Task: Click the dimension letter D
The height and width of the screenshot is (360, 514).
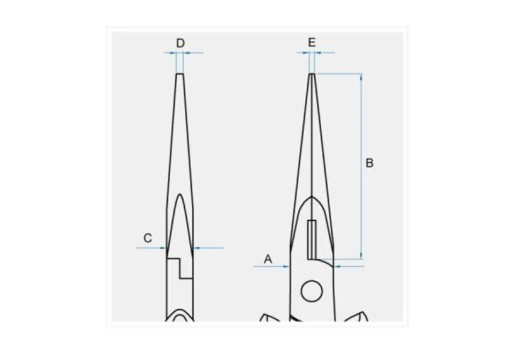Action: coord(180,43)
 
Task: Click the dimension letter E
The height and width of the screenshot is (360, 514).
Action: coord(312,42)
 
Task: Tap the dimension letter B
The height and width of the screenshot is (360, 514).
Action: coord(369,163)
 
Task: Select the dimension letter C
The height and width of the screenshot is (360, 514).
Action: coord(148,238)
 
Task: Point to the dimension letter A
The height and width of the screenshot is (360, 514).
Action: coord(268,259)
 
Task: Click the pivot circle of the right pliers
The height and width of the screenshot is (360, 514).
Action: coord(312,291)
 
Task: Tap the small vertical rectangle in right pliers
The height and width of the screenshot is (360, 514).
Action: coord(312,239)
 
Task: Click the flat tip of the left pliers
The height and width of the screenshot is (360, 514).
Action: coord(180,74)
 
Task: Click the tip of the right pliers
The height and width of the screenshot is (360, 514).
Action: coord(312,74)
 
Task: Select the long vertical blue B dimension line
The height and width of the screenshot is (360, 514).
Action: coord(361,167)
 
